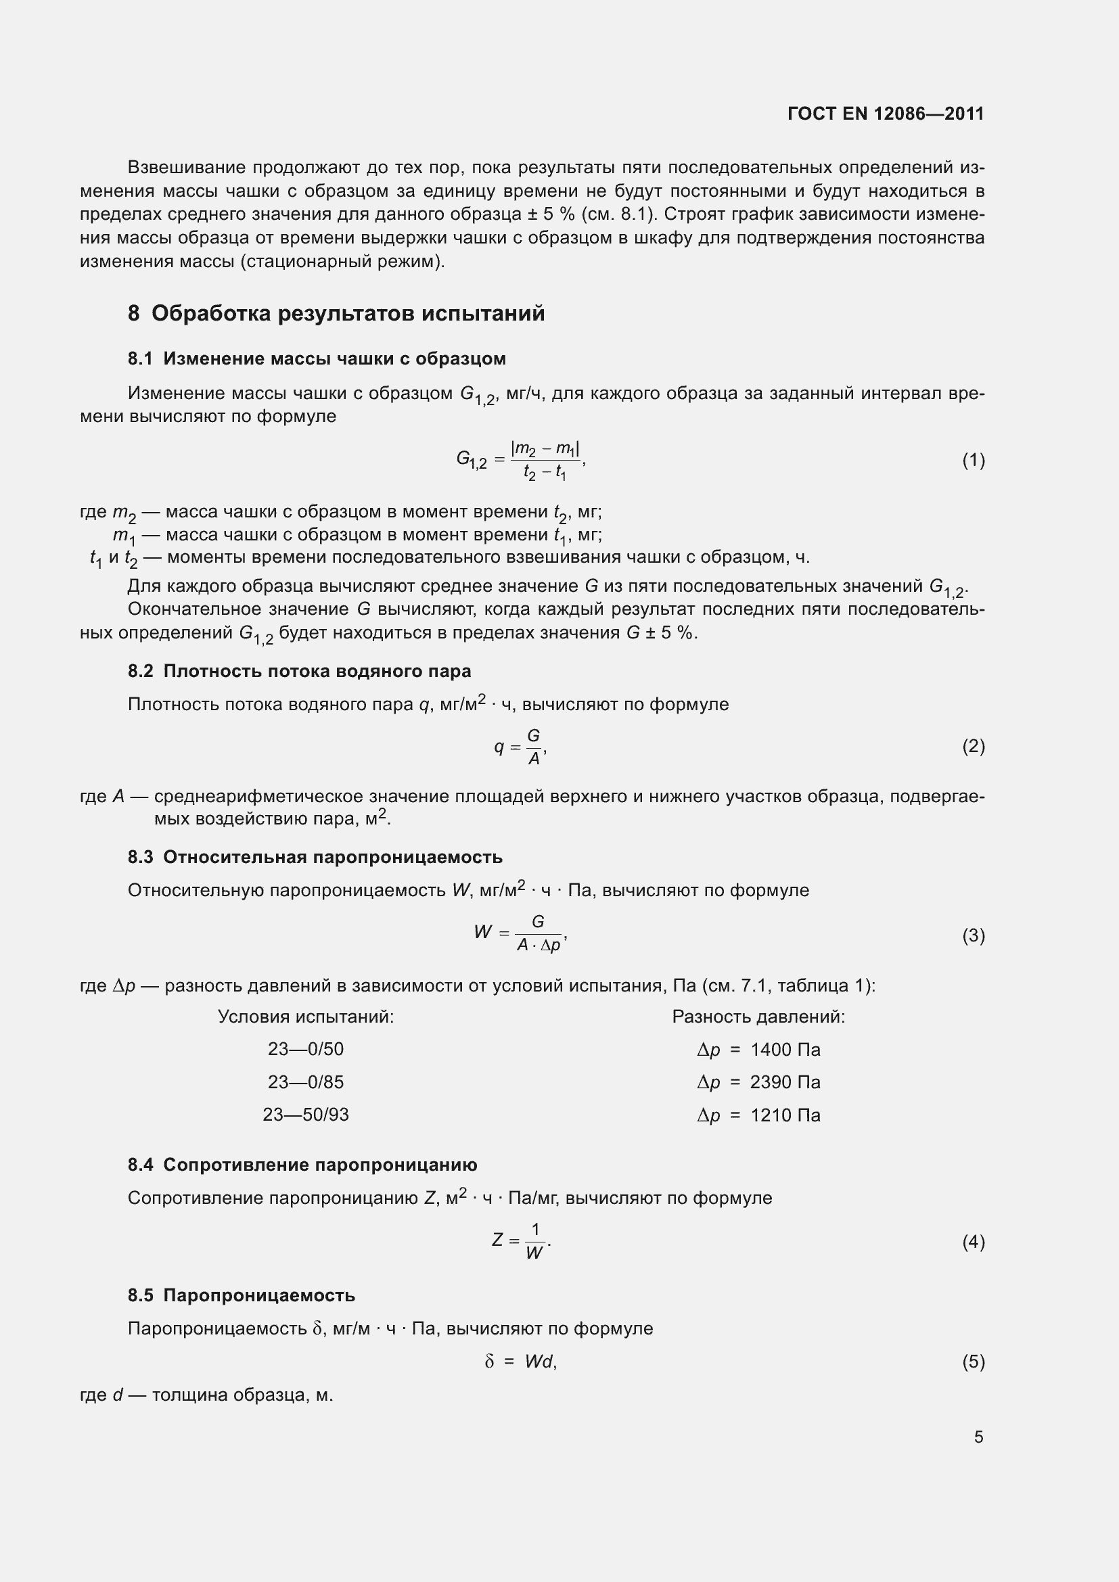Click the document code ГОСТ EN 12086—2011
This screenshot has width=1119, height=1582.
point(886,114)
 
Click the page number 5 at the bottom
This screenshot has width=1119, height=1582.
point(978,1437)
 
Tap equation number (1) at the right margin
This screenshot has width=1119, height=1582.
point(973,461)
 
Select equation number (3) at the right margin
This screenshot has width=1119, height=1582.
point(973,935)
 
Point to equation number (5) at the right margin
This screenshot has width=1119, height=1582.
point(973,1362)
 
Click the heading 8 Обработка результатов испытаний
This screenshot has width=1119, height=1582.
point(336,314)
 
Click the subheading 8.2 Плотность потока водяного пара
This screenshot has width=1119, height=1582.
point(299,671)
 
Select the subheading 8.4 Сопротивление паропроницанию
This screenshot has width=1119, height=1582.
point(302,1165)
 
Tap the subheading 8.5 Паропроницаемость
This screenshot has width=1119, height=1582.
point(241,1295)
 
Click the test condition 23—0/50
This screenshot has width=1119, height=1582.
point(305,1049)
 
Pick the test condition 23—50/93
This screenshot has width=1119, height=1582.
point(305,1114)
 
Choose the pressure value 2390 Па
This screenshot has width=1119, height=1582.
point(785,1081)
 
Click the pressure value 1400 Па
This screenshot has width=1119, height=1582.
point(785,1050)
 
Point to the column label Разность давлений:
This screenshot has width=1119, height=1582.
point(758,1017)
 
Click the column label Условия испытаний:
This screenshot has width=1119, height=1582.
point(305,1017)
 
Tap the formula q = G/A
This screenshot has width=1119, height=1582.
point(520,747)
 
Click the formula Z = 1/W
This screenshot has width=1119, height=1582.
point(521,1241)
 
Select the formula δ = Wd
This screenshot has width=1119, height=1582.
point(520,1362)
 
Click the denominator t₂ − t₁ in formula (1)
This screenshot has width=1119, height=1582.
point(545,473)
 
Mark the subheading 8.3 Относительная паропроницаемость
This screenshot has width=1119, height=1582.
point(315,857)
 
